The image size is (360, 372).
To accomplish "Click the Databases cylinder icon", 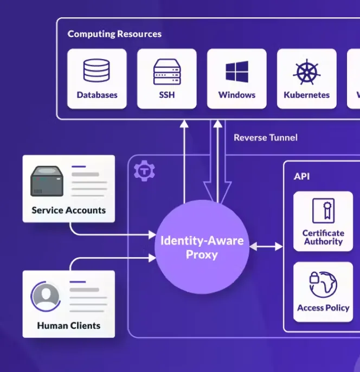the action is tap(97, 70).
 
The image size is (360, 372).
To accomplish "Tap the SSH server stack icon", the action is tap(167, 72).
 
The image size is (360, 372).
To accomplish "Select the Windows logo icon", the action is tap(237, 72).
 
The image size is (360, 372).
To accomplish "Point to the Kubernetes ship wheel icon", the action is tap(307, 72).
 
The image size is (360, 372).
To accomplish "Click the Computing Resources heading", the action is tap(114, 34).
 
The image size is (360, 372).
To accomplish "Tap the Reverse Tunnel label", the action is tap(266, 138).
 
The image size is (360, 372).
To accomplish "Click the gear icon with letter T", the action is tap(144, 171).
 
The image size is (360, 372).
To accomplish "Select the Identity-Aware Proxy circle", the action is tap(202, 247).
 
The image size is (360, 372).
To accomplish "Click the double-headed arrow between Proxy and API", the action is tap(266, 247).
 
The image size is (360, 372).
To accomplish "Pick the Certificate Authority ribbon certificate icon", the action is tap(324, 210).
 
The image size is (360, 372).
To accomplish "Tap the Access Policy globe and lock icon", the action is tap(323, 285).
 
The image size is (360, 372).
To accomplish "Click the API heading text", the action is tap(301, 177).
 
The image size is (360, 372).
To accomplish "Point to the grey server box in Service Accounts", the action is tap(47, 181).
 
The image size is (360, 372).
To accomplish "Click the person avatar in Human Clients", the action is tap(46, 296).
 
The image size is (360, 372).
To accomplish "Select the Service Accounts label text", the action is tap(69, 210).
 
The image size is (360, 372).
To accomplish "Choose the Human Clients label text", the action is tap(69, 325).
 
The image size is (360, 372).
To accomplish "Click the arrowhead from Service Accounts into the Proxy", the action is tap(152, 235).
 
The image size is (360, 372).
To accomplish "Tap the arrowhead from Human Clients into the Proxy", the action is tap(152, 258).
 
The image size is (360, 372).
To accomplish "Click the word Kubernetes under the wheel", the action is tap(307, 95).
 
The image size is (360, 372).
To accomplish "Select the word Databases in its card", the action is tap(97, 95).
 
